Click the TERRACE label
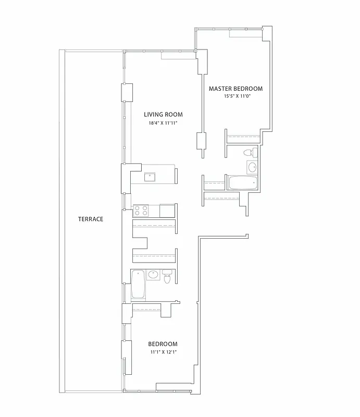(91, 219)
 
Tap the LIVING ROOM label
(163, 115)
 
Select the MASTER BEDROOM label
(235, 89)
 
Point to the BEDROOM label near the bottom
(163, 344)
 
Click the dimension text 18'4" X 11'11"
(163, 124)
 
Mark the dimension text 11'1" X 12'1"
(163, 352)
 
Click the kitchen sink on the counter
(150, 176)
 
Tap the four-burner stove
(141, 210)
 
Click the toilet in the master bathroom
(252, 152)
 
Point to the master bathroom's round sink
(252, 168)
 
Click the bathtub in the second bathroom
(138, 284)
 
